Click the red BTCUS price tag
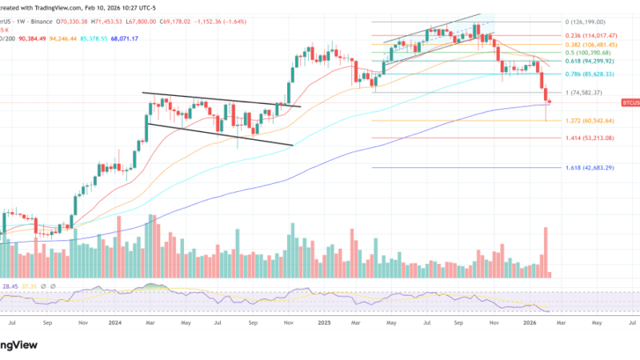[x=630, y=103]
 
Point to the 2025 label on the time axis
[x=324, y=323]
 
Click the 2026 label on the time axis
[x=530, y=323]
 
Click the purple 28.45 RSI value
[x=12, y=286]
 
